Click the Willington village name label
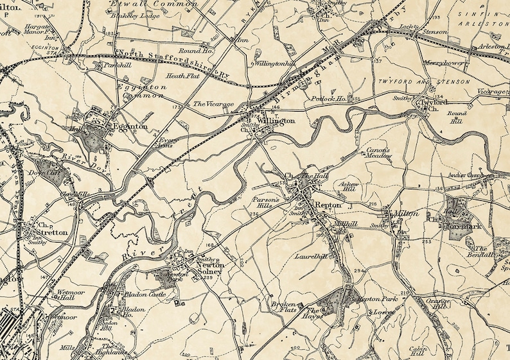(277, 120)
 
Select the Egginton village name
(131, 127)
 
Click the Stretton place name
(51, 233)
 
